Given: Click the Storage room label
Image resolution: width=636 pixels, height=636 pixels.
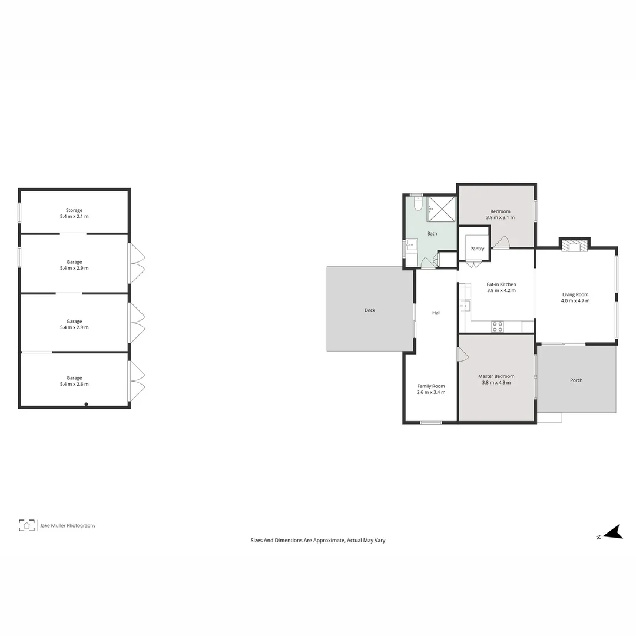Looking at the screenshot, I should (74, 210).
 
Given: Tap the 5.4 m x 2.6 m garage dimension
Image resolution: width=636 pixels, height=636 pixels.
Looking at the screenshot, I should (74, 384).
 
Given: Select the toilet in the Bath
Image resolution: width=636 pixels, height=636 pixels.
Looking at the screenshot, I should (418, 204).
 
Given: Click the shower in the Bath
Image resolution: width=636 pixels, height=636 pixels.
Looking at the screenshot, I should (442, 208).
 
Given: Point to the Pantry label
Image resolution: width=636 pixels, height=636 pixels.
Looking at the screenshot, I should (477, 249).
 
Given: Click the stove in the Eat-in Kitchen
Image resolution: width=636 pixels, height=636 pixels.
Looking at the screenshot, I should (498, 326).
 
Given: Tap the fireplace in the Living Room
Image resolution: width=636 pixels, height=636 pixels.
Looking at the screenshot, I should (574, 246).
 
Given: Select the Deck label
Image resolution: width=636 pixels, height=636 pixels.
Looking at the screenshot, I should (370, 310).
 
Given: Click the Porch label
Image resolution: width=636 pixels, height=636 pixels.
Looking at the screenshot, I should (577, 380).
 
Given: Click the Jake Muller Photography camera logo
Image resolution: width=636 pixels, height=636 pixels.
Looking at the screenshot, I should (27, 525).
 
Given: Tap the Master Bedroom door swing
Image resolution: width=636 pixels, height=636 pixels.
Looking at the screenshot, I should (462, 355).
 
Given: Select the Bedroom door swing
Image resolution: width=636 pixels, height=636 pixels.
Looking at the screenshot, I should (502, 242).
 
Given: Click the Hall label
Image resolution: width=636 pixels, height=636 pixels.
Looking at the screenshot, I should (436, 313).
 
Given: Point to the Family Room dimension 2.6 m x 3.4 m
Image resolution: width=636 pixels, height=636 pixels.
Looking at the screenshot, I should (431, 392).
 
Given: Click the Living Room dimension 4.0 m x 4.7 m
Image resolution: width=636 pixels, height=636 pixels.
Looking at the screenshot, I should (575, 301).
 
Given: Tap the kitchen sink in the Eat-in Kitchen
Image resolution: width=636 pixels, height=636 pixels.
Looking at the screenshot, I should (465, 306).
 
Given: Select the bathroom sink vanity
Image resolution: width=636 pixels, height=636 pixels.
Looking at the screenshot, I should (410, 245).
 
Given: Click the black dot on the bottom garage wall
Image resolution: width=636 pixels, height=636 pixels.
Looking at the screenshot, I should (86, 404).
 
